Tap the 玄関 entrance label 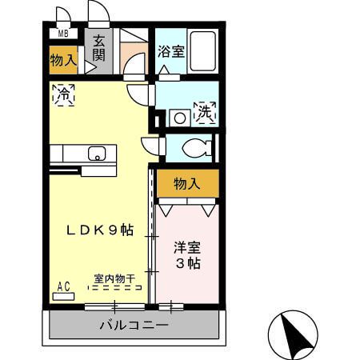pos(99,48)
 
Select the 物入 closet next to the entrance pos(63,60)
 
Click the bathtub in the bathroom pos(202,52)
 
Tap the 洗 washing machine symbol pos(206,112)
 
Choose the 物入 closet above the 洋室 pos(186,184)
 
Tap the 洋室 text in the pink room pos(186,247)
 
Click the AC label pos(64,286)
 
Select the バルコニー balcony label pos(134,326)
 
